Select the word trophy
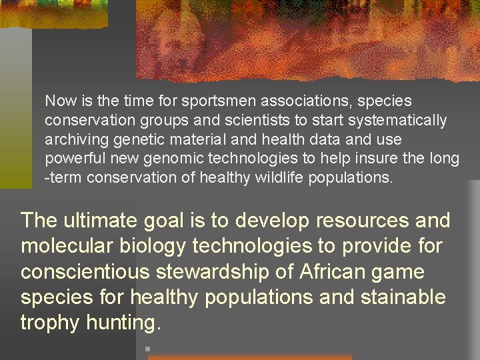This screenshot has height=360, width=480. coord(51,323)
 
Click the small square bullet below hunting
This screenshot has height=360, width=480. coord(146,348)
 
